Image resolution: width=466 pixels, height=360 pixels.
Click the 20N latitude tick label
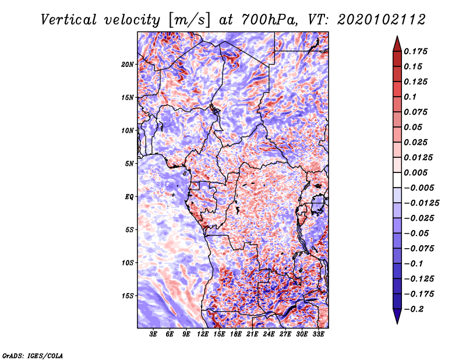coord(128,65)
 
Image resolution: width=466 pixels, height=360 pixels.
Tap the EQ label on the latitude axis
coord(129,197)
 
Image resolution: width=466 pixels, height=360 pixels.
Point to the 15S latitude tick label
coord(128,296)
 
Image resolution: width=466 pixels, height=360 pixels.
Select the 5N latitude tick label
coord(129,164)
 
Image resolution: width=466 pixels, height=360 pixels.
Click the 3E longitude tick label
coord(153,334)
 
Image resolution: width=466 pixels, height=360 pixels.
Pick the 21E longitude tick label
coord(252,334)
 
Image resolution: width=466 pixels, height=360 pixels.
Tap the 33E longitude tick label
coord(318,334)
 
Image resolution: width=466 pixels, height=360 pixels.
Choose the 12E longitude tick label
coord(203,334)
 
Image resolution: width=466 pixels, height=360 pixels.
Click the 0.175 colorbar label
coord(416,51)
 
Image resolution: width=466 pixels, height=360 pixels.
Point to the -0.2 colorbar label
coord(414,309)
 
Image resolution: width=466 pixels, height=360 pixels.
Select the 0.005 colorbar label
coord(416,172)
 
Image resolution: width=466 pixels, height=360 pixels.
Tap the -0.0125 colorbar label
coord(422,203)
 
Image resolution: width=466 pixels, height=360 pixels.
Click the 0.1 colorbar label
coord(410,97)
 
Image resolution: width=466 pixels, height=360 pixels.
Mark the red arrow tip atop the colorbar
coord(397,36)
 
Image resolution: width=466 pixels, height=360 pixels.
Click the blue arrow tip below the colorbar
coord(397,324)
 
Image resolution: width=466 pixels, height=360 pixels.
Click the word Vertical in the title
coord(68,20)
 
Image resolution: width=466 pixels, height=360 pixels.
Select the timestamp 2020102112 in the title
coord(382,20)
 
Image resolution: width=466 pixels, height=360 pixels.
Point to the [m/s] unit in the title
coord(190,20)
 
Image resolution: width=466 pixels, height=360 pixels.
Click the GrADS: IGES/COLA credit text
coord(33,355)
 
